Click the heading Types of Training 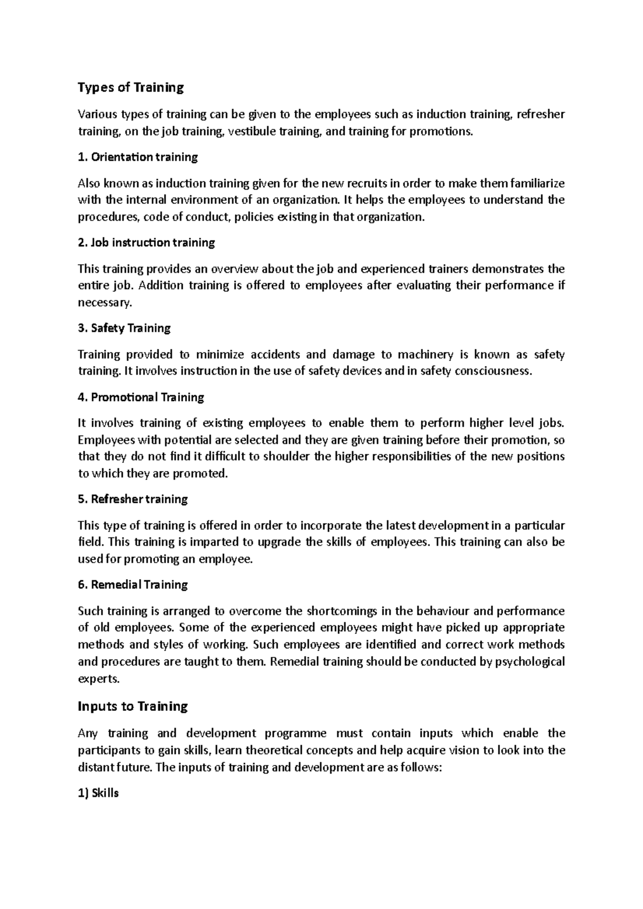(131, 88)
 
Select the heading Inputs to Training (133, 707)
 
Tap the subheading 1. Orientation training (138, 157)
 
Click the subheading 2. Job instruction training (146, 243)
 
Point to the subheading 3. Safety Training (124, 329)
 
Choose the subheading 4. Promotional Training (141, 398)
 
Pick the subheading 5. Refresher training (133, 499)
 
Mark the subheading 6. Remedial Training (133, 585)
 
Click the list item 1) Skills (98, 794)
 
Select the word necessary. (104, 303)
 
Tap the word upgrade (279, 542)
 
